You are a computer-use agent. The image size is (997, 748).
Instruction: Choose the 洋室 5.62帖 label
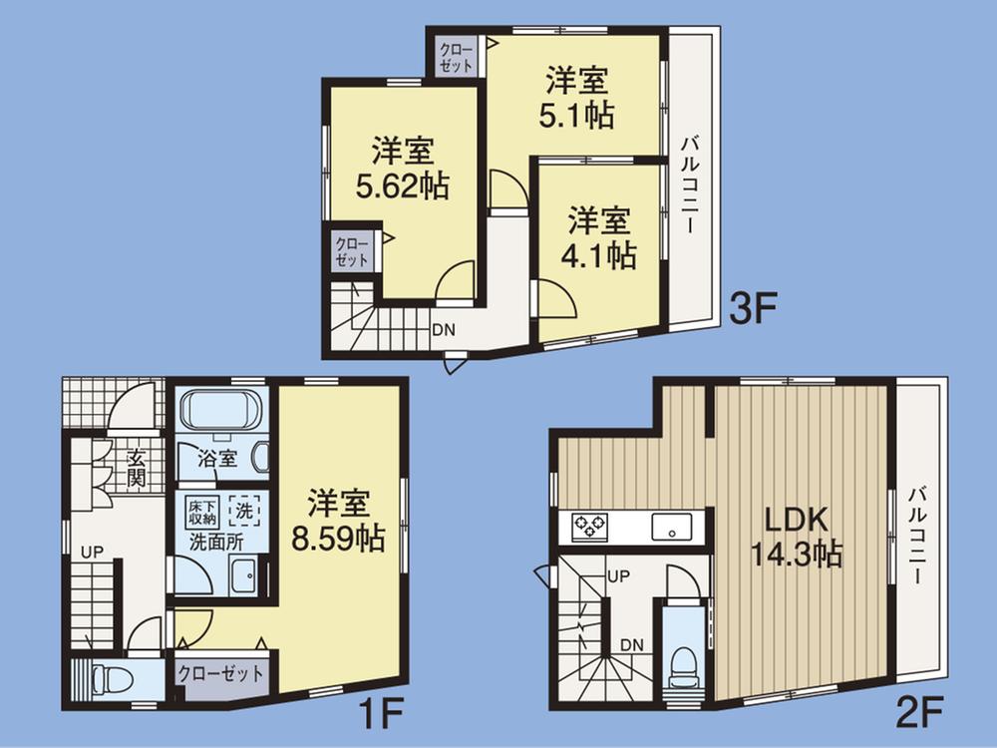(x=403, y=169)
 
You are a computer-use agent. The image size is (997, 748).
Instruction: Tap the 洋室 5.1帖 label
(x=579, y=96)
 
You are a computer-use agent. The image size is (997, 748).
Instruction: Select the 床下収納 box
(x=201, y=512)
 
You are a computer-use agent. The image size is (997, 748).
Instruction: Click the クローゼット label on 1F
(x=221, y=673)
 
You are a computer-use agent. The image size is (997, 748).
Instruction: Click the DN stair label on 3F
(x=445, y=328)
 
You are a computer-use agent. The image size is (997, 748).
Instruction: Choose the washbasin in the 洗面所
(x=242, y=575)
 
